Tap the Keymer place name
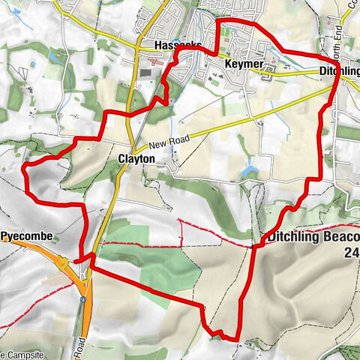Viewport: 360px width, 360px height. (244, 64)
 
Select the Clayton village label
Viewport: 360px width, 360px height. (136, 159)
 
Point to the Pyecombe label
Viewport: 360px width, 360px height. (26, 236)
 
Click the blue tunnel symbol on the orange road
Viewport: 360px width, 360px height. (82, 299)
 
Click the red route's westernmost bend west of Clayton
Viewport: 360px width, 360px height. (24, 166)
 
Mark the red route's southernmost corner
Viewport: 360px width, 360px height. (237, 340)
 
